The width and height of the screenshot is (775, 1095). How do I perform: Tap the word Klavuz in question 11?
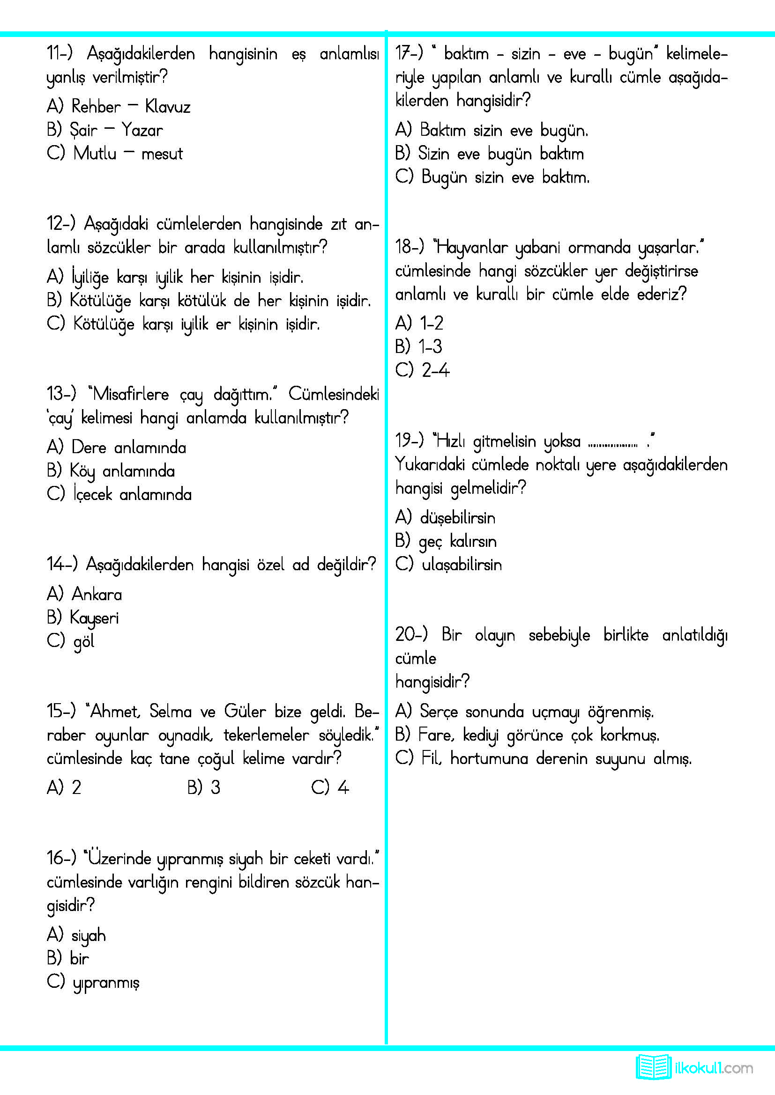[167, 106]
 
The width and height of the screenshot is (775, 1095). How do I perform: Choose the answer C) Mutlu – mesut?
[114, 153]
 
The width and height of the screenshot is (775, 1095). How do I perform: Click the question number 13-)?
[61, 393]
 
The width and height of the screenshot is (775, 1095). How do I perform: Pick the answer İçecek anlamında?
[132, 494]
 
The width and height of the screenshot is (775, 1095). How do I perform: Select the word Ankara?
[97, 594]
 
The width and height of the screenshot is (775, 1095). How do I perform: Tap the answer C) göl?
[71, 641]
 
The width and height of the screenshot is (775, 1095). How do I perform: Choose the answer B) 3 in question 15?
[204, 787]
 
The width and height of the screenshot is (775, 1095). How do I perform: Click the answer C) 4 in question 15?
[330, 787]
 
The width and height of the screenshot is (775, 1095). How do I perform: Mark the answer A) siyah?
[76, 935]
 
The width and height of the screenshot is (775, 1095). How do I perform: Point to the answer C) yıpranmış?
[93, 982]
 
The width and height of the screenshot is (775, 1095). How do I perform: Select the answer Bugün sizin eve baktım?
[505, 177]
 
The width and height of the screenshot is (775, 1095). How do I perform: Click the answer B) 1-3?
[418, 346]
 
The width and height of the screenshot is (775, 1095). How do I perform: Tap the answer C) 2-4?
[422, 370]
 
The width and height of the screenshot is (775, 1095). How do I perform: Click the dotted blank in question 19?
[613, 444]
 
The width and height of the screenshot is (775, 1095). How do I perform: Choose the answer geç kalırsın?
[457, 541]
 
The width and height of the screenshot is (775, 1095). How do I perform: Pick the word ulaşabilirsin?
[462, 565]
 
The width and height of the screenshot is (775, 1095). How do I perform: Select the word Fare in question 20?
[434, 735]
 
